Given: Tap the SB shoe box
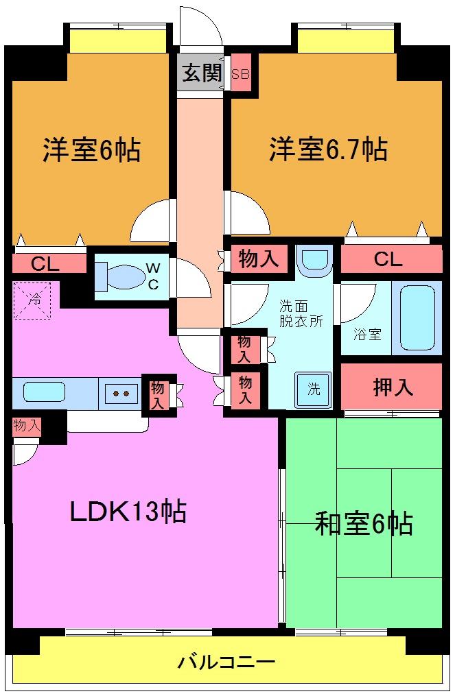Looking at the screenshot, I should pyautogui.click(x=240, y=74).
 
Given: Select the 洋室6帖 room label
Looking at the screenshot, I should pyautogui.click(x=92, y=149).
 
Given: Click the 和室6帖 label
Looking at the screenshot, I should pyautogui.click(x=364, y=523).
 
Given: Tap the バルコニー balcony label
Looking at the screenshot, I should pyautogui.click(x=226, y=662).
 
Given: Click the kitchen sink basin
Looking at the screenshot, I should pyautogui.click(x=45, y=392).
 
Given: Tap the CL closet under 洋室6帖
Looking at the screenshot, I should pyautogui.click(x=45, y=263).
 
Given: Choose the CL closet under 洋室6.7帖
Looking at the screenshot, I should pyautogui.click(x=388, y=259).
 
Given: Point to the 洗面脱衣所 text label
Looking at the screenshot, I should pyautogui.click(x=301, y=314).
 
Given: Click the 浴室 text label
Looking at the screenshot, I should pyautogui.click(x=367, y=335).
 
